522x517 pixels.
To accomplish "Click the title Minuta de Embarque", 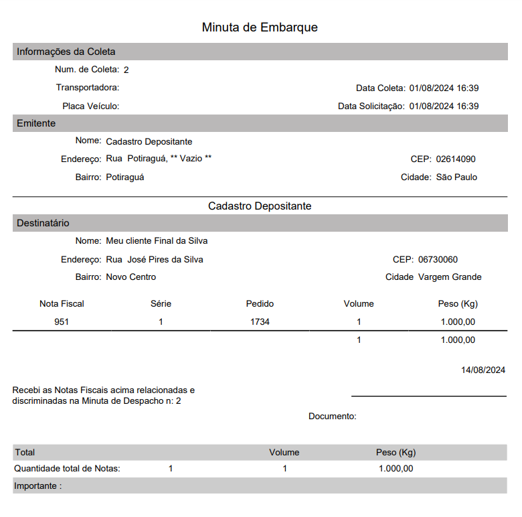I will tap(260, 27).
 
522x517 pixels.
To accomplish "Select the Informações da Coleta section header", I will tap(66, 52).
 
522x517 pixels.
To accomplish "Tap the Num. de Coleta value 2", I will tap(126, 70).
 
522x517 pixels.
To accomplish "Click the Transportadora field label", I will tap(88, 88).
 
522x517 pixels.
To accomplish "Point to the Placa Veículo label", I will tap(90, 106).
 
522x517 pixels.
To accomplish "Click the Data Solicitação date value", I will tap(444, 106).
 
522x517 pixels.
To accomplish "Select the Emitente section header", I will tap(36, 123).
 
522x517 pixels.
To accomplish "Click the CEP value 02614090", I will tap(456, 159).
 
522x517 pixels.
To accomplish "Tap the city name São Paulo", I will tap(456, 177).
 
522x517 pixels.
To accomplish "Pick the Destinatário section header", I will tap(43, 223).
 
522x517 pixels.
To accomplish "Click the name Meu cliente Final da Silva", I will tap(157, 241).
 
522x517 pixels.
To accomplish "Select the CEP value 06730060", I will tap(438, 259).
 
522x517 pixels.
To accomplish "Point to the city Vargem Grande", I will tap(450, 277).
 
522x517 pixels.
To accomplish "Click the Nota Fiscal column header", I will tap(62, 303).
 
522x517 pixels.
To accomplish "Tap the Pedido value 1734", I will tap(260, 322).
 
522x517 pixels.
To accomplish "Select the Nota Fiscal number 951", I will tap(62, 322).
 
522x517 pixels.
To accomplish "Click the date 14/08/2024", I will tap(483, 370).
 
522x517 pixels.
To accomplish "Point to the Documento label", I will tap(332, 417).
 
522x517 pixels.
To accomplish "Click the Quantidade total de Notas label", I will tap(67, 469).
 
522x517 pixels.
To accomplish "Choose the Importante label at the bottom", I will tap(37, 486).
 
